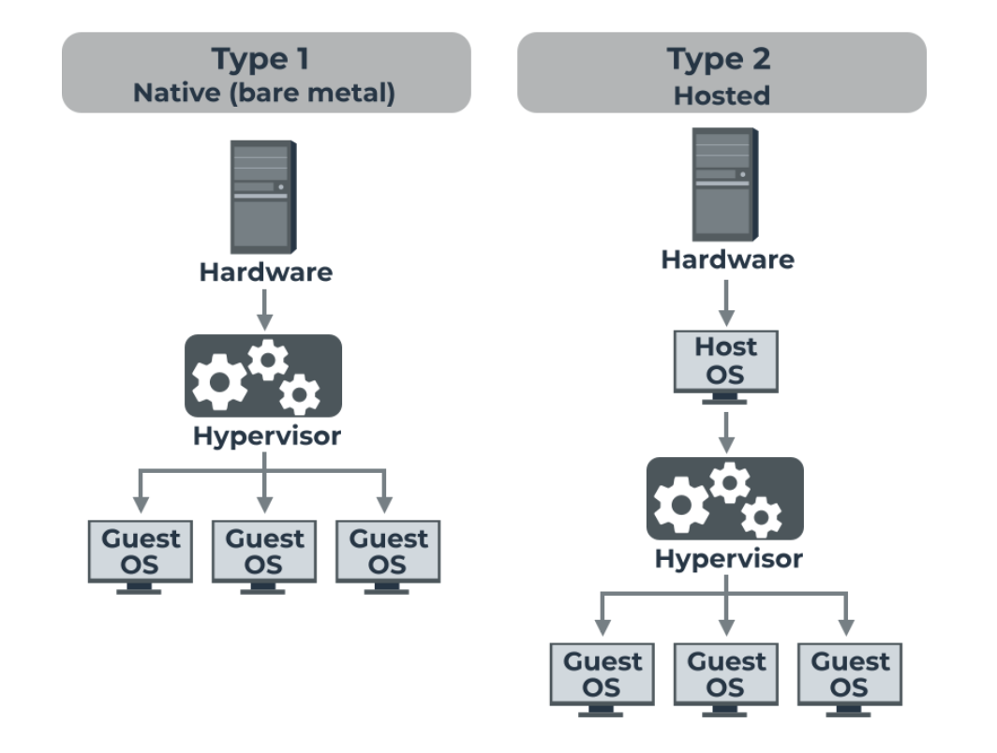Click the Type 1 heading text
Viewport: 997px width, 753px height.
[x=265, y=59]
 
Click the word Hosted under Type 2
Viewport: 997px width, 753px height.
[x=721, y=95]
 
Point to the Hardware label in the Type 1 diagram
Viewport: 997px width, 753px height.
[x=265, y=273]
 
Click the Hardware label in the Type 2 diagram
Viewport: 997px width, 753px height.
[x=727, y=259]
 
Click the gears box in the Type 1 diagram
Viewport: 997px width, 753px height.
[x=263, y=376]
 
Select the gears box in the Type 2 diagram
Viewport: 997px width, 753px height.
[x=725, y=498]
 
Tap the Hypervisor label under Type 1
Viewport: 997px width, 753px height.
[x=266, y=436]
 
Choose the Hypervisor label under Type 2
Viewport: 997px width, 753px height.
[x=728, y=559]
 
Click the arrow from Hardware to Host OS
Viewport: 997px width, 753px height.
[x=726, y=302]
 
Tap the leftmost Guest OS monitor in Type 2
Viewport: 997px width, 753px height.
[x=602, y=675]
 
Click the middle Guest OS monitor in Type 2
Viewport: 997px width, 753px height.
[x=726, y=675]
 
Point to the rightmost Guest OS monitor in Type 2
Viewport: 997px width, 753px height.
[x=849, y=675]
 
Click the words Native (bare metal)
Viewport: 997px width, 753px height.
[x=265, y=94]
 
